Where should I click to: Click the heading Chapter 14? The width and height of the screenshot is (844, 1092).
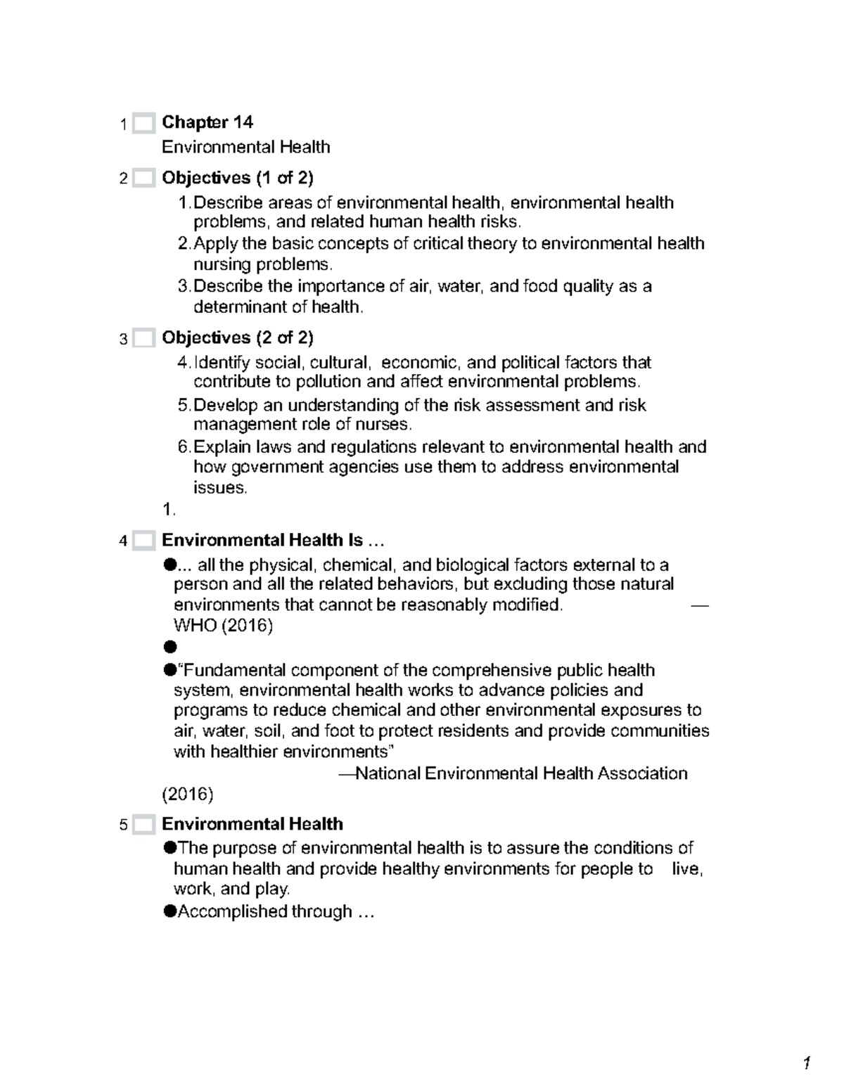tap(207, 122)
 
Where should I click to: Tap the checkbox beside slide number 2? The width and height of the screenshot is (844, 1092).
tap(143, 179)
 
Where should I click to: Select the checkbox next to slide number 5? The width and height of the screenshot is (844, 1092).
tap(143, 825)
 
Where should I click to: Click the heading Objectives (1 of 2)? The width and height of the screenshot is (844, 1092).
tap(238, 178)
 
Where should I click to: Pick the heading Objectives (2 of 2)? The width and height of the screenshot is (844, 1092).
tap(238, 338)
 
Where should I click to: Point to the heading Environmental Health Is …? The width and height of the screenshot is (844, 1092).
tap(274, 541)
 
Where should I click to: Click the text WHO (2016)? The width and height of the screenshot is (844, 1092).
tap(223, 625)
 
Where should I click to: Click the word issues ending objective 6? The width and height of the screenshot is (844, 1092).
tap(219, 488)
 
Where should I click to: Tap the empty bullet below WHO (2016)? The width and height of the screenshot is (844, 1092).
tap(169, 647)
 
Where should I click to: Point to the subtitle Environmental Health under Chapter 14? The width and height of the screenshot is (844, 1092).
tap(245, 147)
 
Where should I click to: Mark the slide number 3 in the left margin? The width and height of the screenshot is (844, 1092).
tap(124, 340)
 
